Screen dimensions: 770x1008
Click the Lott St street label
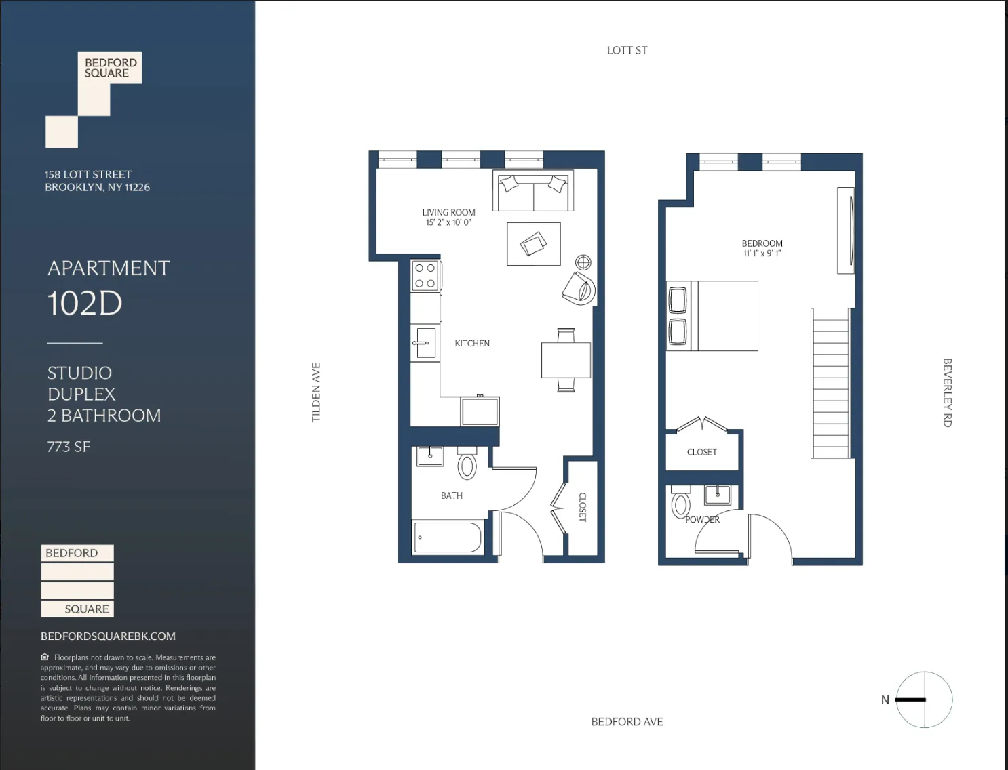(x=627, y=50)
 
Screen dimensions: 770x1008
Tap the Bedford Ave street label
(x=627, y=722)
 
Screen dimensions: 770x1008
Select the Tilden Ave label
(x=316, y=392)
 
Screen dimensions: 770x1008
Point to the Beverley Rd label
(x=948, y=392)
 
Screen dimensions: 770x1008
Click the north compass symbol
(x=924, y=700)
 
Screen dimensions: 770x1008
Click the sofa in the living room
(x=533, y=191)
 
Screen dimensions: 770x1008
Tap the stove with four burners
(x=426, y=276)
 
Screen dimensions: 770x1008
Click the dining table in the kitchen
(x=566, y=360)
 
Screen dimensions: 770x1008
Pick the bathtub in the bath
(x=447, y=538)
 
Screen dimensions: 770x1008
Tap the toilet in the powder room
(x=680, y=504)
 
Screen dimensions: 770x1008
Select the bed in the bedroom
(x=713, y=316)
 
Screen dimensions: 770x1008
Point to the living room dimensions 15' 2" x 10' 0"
(x=448, y=222)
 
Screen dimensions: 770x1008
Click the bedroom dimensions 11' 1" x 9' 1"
(x=762, y=254)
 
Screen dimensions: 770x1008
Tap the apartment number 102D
(x=85, y=303)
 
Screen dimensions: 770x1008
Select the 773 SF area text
(x=69, y=447)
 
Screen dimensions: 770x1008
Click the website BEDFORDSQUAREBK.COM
(x=108, y=636)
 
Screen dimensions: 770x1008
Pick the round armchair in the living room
(x=579, y=288)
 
